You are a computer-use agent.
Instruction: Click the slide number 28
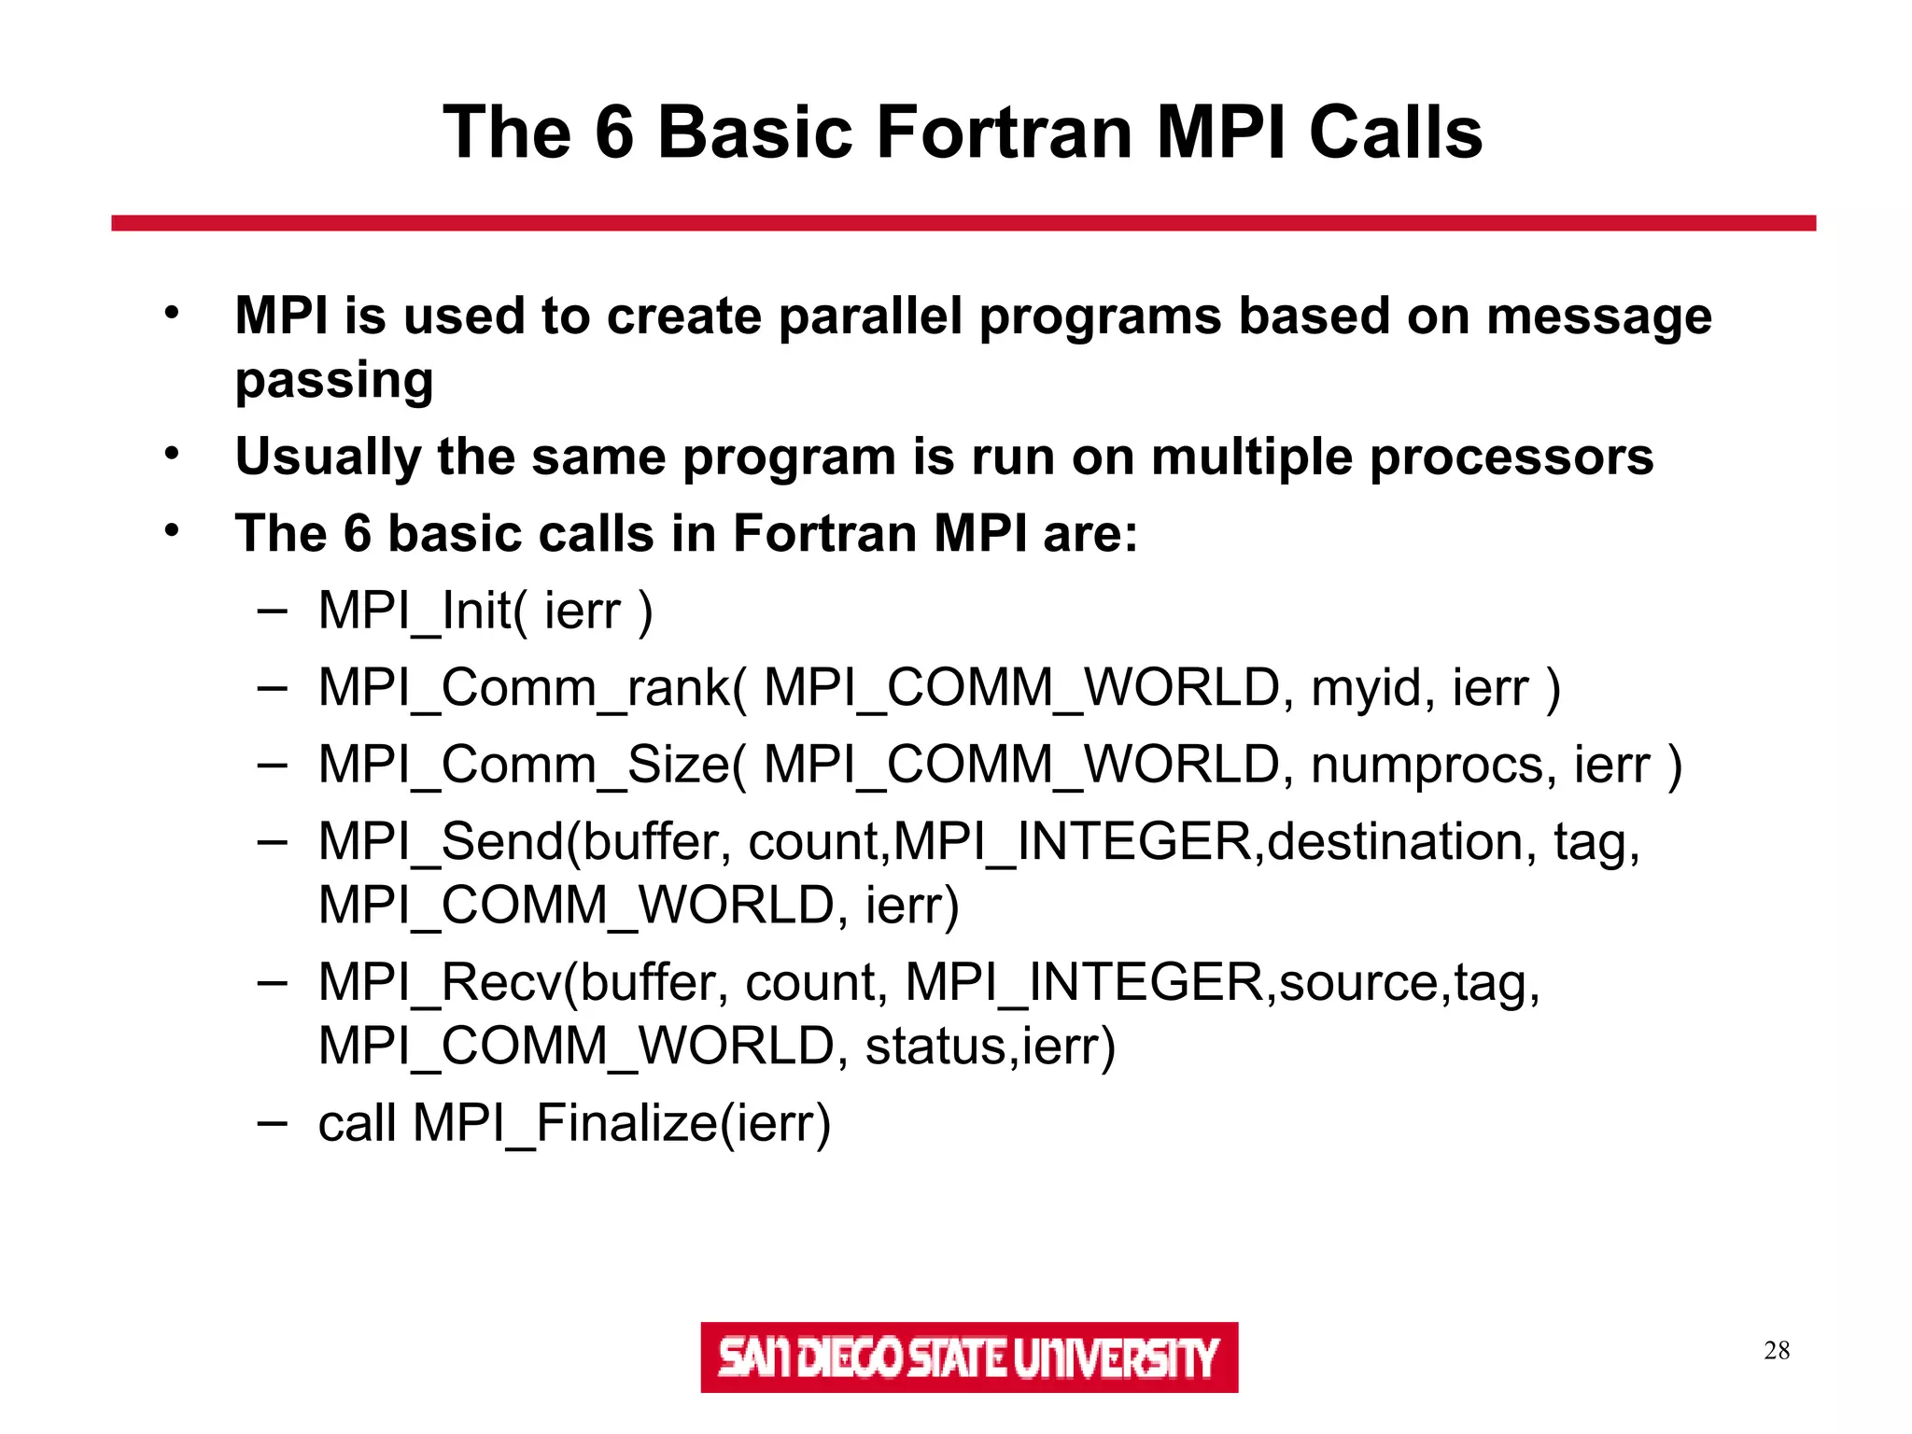(1776, 1351)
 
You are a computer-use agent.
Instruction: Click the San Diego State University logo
(968, 1357)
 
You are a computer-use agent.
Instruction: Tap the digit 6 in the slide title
(614, 133)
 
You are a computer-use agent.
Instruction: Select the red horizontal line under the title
(963, 223)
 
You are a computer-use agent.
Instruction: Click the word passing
(334, 381)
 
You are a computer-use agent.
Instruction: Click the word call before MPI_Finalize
(357, 1123)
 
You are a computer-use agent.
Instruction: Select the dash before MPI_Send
(272, 842)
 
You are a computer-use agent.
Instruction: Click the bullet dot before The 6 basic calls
(171, 531)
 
